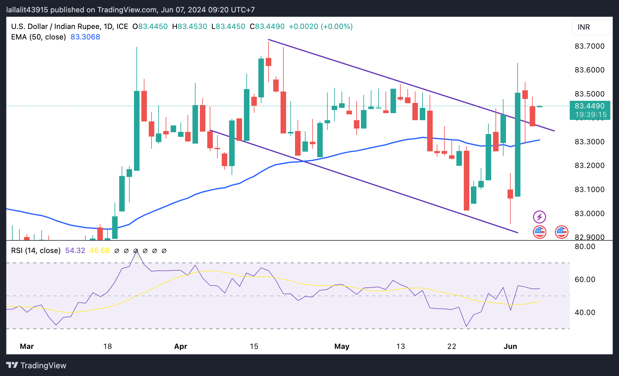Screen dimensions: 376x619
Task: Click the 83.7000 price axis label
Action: (x=589, y=46)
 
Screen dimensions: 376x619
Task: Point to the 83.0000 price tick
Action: (x=589, y=213)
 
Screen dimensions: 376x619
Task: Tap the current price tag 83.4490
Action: (x=589, y=106)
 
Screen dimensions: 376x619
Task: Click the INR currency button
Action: (x=591, y=27)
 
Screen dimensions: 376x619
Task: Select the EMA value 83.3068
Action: (x=85, y=37)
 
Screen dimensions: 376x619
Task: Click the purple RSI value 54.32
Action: (x=75, y=251)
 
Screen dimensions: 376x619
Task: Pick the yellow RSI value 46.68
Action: (x=99, y=251)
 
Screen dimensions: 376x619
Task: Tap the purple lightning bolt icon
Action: (x=540, y=217)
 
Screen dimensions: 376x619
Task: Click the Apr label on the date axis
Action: (x=181, y=346)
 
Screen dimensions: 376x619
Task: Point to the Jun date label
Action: (x=510, y=346)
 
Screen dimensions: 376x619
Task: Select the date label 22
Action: (x=452, y=346)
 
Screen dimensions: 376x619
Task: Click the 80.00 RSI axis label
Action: (x=585, y=247)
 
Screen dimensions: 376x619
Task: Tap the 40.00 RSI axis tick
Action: (x=585, y=313)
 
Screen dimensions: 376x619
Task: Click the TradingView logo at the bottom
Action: (x=36, y=366)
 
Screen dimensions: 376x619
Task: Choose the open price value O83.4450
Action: (x=150, y=27)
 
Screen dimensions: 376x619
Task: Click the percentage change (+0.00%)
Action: (x=337, y=27)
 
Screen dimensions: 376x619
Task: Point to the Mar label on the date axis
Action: (x=27, y=346)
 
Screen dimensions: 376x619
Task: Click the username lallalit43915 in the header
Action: (x=27, y=10)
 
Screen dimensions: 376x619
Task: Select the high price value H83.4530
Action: (x=190, y=27)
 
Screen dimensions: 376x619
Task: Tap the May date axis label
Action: (x=342, y=346)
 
